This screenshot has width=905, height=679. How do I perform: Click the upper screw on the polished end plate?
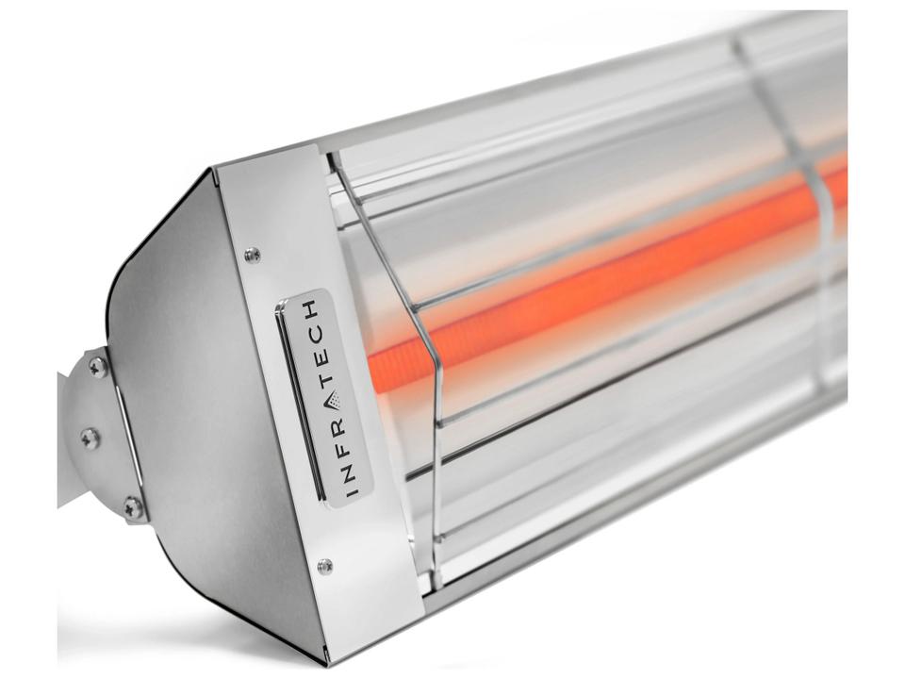coord(251,254)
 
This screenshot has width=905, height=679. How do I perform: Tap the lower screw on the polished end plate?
coord(325,566)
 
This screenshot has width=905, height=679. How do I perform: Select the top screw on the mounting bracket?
coord(97,366)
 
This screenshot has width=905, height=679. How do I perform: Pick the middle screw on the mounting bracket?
coord(90,438)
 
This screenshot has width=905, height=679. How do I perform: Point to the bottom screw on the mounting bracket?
coord(134,507)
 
